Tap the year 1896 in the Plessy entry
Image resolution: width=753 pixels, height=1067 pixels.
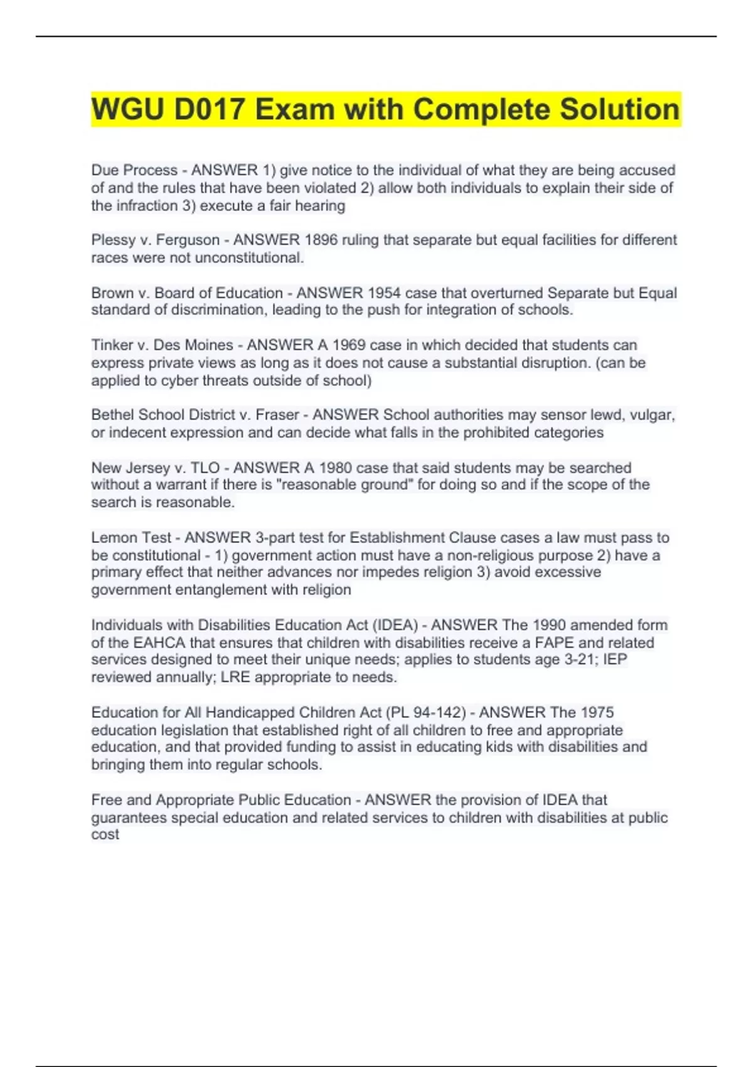pos(321,240)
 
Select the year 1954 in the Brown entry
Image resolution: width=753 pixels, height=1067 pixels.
pos(384,292)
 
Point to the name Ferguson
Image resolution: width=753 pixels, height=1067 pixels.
pos(188,240)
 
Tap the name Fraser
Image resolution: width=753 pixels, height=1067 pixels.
pos(277,415)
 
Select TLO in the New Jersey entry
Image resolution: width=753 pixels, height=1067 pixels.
pos(205,468)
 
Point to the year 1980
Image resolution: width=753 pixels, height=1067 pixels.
pos(336,468)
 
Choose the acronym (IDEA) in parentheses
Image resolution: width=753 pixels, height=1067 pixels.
pos(395,625)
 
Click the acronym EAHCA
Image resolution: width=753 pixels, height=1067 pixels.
pos(159,643)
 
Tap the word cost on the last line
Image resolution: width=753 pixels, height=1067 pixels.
pos(105,834)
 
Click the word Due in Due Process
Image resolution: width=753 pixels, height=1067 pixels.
pos(105,170)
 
